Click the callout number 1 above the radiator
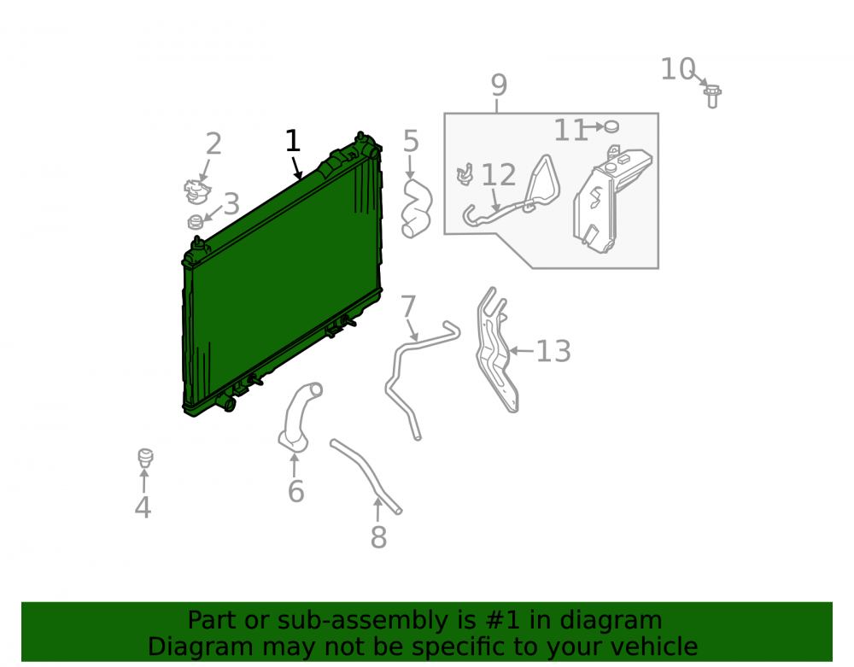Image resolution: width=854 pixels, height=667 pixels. (x=293, y=141)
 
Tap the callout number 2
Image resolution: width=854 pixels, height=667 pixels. (x=213, y=144)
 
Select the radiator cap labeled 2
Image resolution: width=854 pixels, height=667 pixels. (x=196, y=191)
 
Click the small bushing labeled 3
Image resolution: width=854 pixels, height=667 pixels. (x=196, y=221)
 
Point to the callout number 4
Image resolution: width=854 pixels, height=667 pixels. (x=143, y=507)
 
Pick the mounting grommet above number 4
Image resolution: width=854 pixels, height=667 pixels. (x=145, y=458)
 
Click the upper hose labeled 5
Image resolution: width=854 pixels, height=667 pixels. (x=416, y=209)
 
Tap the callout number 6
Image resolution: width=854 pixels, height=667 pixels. (x=295, y=492)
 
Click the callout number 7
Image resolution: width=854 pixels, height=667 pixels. (x=408, y=307)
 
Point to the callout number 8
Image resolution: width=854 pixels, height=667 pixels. (x=378, y=537)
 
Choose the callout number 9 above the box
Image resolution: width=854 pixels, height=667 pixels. (x=499, y=85)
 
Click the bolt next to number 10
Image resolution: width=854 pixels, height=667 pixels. (x=712, y=97)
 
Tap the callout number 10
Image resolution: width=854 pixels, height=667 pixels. (x=678, y=70)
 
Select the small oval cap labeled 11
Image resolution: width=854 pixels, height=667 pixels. (x=611, y=127)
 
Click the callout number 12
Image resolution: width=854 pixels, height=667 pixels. (x=499, y=175)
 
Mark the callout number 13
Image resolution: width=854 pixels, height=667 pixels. (x=553, y=352)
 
